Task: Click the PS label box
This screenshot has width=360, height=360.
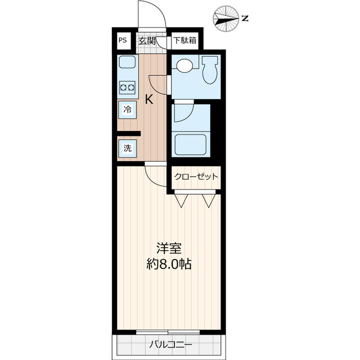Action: click(123, 40)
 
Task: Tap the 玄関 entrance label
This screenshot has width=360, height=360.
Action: click(147, 40)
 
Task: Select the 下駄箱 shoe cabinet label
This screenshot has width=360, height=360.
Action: click(184, 40)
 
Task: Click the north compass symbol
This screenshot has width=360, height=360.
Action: click(227, 19)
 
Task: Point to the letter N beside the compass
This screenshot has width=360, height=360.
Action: click(245, 19)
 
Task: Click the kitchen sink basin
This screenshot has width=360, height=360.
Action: click(127, 62)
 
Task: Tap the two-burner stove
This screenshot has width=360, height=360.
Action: click(127, 87)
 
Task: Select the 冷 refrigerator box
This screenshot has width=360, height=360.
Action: click(127, 110)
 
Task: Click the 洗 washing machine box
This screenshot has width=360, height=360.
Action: click(127, 148)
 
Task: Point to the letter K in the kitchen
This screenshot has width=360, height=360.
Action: click(149, 100)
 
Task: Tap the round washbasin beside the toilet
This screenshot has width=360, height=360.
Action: click(183, 66)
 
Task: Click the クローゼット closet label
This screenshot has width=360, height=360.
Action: click(196, 177)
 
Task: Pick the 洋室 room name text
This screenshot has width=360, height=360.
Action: click(168, 248)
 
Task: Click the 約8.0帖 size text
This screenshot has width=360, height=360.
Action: click(168, 264)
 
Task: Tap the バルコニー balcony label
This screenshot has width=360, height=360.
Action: click(171, 344)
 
